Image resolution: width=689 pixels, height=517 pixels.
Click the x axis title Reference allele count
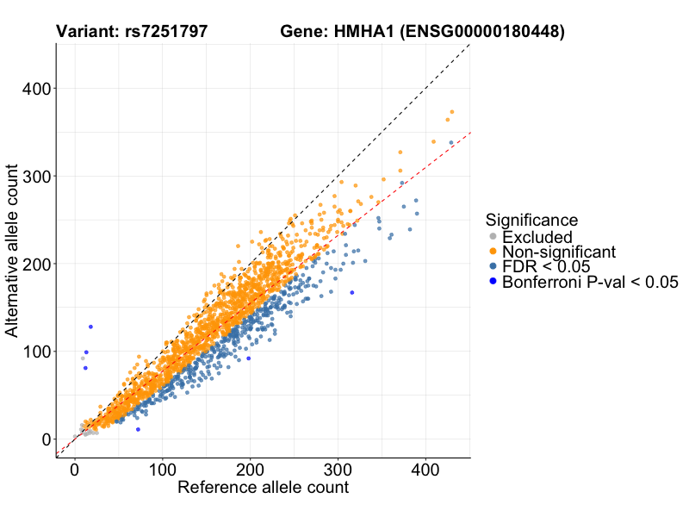tap(263, 488)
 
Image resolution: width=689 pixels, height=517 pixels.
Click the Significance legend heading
tap(531, 220)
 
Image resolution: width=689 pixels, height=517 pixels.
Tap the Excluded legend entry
tap(537, 237)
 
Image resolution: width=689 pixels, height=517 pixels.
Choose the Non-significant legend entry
tap(559, 252)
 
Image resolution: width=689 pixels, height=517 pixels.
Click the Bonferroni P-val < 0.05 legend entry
tap(590, 282)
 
